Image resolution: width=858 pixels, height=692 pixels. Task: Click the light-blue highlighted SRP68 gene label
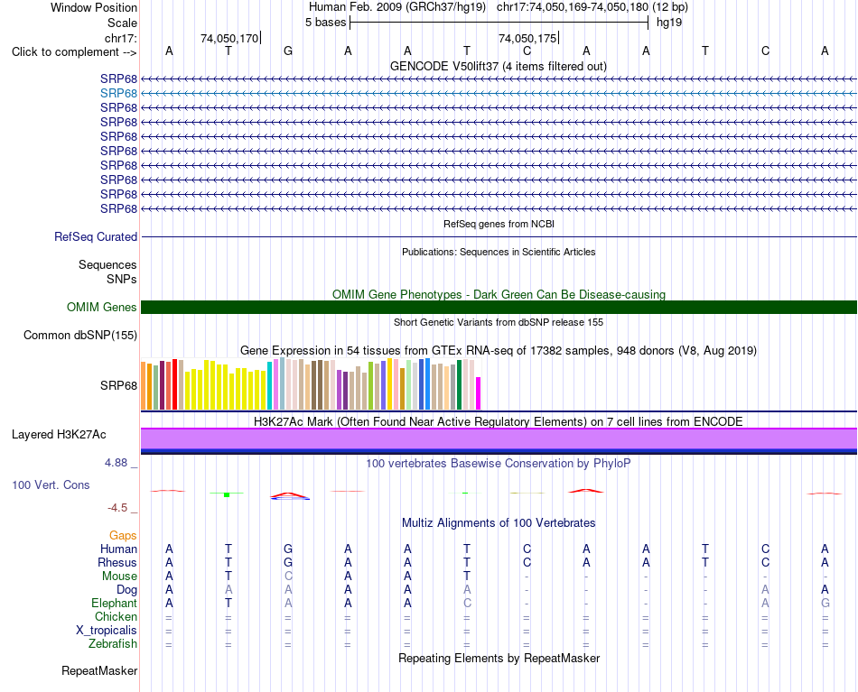pos(118,93)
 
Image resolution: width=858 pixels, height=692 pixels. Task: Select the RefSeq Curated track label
pos(95,236)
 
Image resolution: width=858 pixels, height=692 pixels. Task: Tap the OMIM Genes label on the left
pos(101,307)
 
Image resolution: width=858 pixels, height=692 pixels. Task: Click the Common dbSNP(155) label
pos(79,335)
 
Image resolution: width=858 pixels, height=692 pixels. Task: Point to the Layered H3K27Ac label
pos(59,435)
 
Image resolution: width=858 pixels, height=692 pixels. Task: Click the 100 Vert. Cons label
pos(51,484)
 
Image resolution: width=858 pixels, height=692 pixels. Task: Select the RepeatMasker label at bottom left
pos(99,670)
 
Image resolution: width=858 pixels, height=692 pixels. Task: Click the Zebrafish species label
pos(113,644)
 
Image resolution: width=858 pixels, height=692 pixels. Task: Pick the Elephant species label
pos(114,603)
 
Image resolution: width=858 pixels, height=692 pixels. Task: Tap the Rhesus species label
pos(117,562)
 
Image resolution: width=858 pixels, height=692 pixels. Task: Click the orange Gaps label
pos(123,536)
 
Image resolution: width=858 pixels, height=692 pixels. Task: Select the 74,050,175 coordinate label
pos(527,38)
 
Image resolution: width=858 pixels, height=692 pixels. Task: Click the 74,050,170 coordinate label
pos(229,38)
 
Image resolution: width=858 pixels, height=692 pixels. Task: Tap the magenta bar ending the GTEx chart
pos(479,393)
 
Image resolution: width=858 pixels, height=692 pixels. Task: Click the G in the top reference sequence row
pos(288,51)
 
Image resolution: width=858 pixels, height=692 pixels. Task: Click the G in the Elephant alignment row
pos(825,603)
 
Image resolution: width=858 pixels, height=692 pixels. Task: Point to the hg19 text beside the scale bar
pos(669,23)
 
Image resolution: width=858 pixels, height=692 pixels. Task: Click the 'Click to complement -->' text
pos(74,52)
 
